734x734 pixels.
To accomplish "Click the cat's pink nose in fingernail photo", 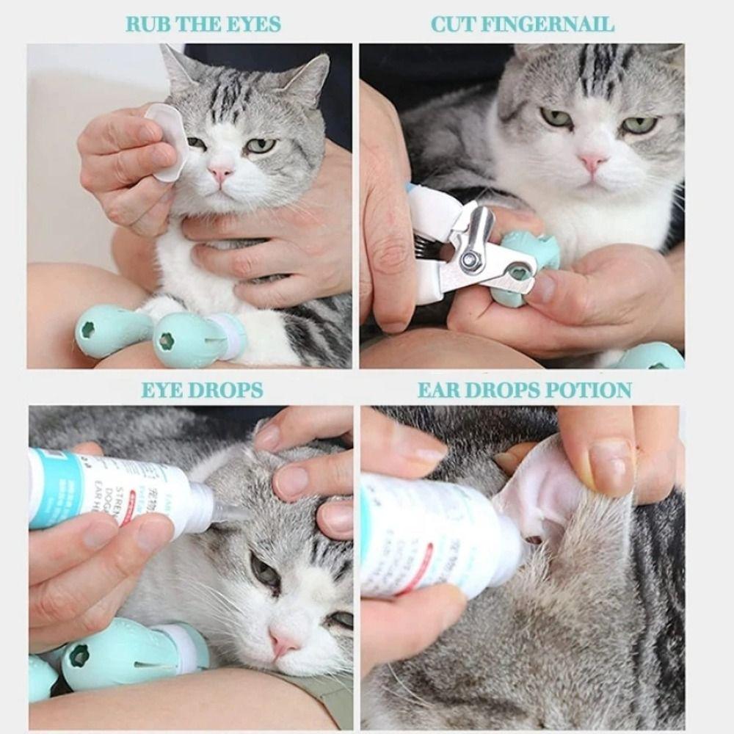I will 592,162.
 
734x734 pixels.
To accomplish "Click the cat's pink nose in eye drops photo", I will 283,642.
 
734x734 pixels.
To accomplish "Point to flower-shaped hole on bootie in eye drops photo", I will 79,655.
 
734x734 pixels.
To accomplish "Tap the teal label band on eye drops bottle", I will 55,488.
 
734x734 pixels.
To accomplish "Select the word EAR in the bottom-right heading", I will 440,390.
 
